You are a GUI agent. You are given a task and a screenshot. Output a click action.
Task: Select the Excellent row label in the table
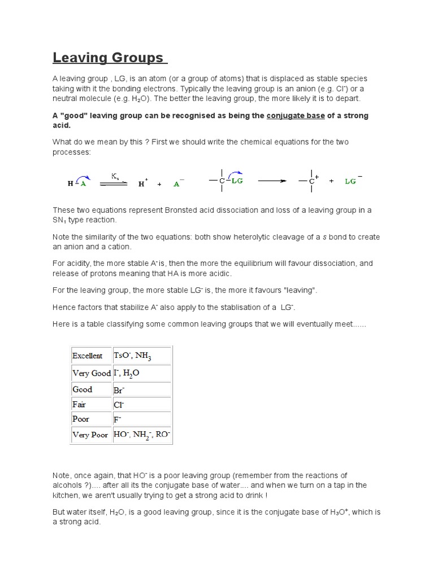point(87,356)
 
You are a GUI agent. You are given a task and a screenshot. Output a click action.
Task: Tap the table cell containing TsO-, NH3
point(133,356)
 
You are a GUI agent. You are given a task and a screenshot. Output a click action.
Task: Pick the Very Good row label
point(91,373)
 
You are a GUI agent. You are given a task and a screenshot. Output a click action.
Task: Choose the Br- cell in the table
point(119,389)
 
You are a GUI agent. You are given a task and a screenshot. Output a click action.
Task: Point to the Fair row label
point(79,404)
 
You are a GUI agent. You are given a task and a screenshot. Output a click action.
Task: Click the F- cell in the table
point(118,419)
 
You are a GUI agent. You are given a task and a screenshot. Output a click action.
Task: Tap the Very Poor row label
point(90,435)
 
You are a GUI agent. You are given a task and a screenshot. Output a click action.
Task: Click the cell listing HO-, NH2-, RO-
point(141,435)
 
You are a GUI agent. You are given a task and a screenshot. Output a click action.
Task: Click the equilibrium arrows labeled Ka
point(114,182)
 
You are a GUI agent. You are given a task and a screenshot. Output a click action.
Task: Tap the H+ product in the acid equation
point(142,183)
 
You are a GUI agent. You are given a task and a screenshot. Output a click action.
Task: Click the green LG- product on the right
point(353,181)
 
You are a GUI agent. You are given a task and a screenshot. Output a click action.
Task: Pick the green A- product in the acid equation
point(177,183)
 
